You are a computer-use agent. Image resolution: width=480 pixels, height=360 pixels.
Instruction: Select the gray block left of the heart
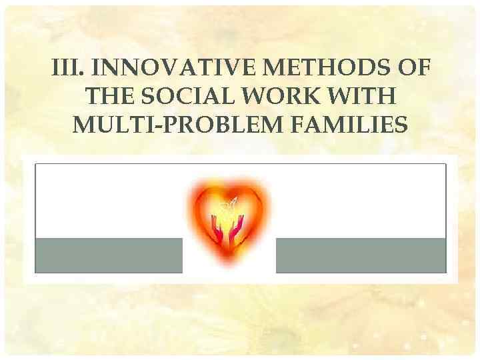[108, 255]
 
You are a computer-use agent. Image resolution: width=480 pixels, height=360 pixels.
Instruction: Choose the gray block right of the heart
[361, 255]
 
